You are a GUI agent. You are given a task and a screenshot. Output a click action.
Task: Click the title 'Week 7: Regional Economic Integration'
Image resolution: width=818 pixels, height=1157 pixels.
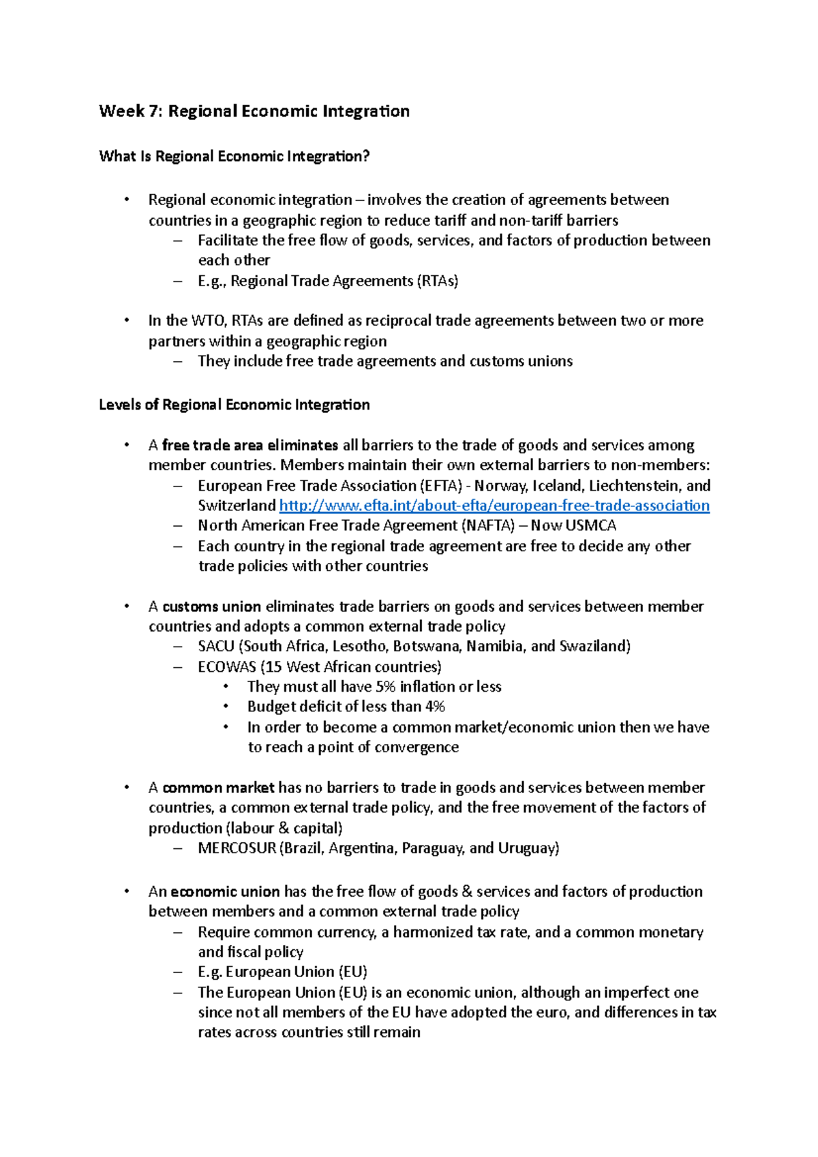click(x=254, y=111)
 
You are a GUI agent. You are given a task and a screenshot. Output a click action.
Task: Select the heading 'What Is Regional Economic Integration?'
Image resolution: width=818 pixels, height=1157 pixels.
click(x=234, y=156)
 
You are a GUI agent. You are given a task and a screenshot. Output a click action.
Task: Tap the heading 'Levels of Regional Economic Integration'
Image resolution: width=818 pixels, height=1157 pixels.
click(x=234, y=405)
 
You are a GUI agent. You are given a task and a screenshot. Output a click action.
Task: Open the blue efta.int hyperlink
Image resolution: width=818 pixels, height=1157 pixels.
click(x=494, y=506)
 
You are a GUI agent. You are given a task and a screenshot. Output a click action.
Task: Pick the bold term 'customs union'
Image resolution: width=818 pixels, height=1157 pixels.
click(x=211, y=606)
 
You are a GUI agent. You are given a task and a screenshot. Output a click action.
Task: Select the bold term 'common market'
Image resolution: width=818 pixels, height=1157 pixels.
click(x=218, y=788)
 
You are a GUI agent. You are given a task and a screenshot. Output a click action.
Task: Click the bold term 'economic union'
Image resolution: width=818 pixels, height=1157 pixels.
click(x=225, y=892)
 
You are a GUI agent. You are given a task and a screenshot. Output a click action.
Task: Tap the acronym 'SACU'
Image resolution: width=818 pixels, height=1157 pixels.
click(x=216, y=647)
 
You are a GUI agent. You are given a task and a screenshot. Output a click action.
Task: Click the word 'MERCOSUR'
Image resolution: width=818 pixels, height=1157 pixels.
click(x=237, y=848)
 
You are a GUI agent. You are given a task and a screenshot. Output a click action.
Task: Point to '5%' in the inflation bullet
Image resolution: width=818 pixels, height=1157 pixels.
click(x=385, y=687)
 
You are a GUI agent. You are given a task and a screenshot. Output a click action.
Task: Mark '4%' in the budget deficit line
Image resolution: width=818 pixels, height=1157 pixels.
click(x=435, y=707)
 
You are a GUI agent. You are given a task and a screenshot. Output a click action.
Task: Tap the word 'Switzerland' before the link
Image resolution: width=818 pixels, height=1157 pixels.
click(x=237, y=506)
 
